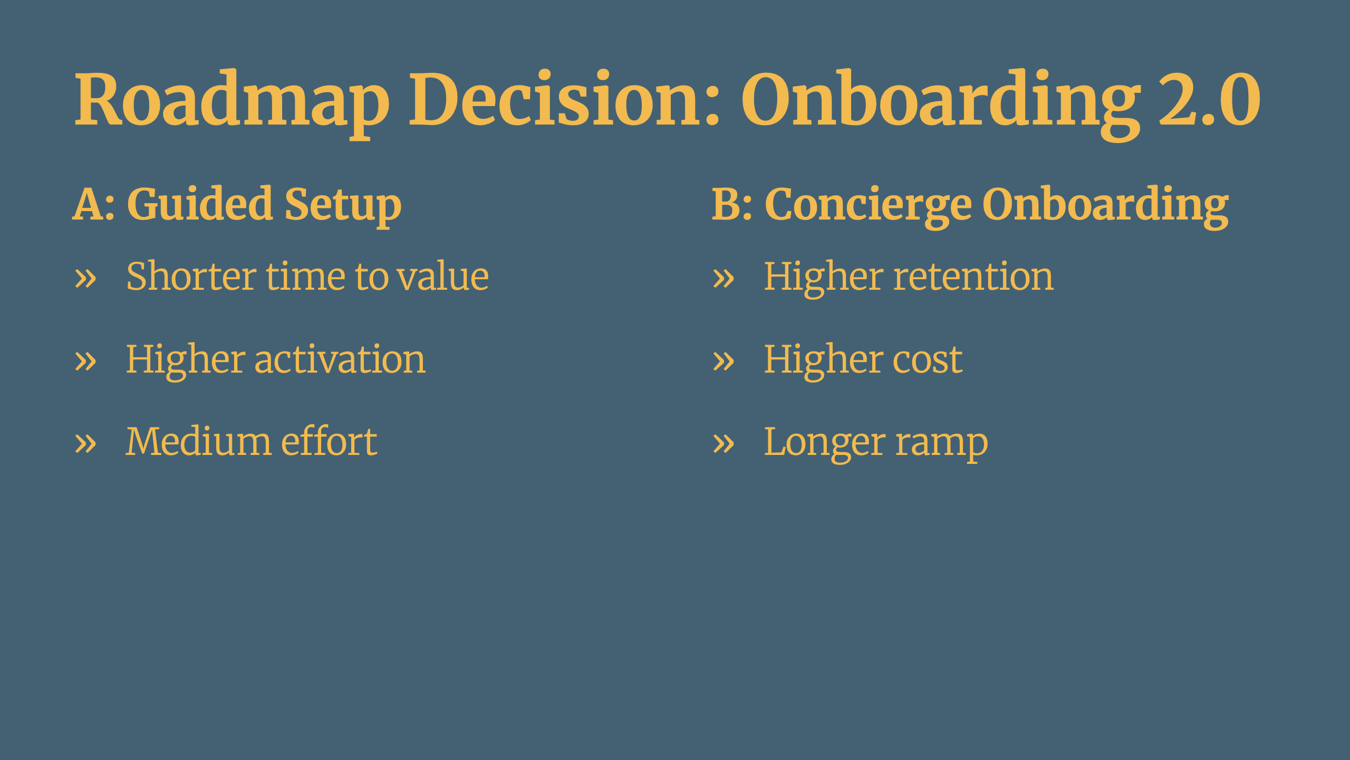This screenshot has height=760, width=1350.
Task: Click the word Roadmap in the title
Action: pyautogui.click(x=232, y=103)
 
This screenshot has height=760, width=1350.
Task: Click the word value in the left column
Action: pyautogui.click(x=443, y=277)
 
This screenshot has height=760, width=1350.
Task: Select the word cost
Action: pyautogui.click(x=928, y=360)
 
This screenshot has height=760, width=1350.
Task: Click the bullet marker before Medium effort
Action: pyautogui.click(x=85, y=443)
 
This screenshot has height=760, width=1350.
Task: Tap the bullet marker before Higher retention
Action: pyautogui.click(x=724, y=278)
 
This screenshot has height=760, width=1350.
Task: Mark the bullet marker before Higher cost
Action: pyautogui.click(x=724, y=362)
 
